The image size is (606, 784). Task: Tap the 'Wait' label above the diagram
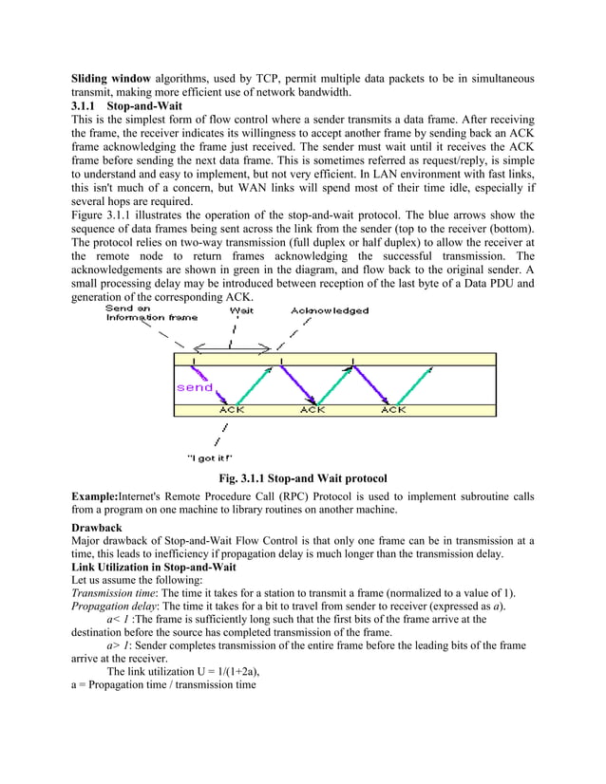tap(241, 310)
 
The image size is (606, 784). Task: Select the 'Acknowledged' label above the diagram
tap(330, 310)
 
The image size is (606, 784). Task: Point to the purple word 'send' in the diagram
tap(195, 387)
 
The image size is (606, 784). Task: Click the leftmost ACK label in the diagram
tap(232, 410)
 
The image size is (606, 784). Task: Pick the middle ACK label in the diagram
tap(312, 410)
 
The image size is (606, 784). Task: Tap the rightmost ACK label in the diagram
tap(393, 410)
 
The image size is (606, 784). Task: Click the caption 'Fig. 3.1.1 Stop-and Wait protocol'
tap(303, 476)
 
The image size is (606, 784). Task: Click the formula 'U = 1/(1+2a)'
tap(219, 670)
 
